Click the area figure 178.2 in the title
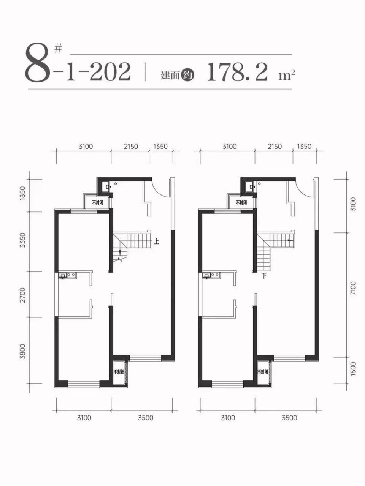click(x=237, y=72)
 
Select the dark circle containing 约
click(x=188, y=76)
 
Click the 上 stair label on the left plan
click(x=157, y=241)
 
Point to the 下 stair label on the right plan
click(x=263, y=276)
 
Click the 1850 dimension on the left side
click(x=22, y=194)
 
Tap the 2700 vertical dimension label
click(x=22, y=295)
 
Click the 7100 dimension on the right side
click(x=354, y=288)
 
